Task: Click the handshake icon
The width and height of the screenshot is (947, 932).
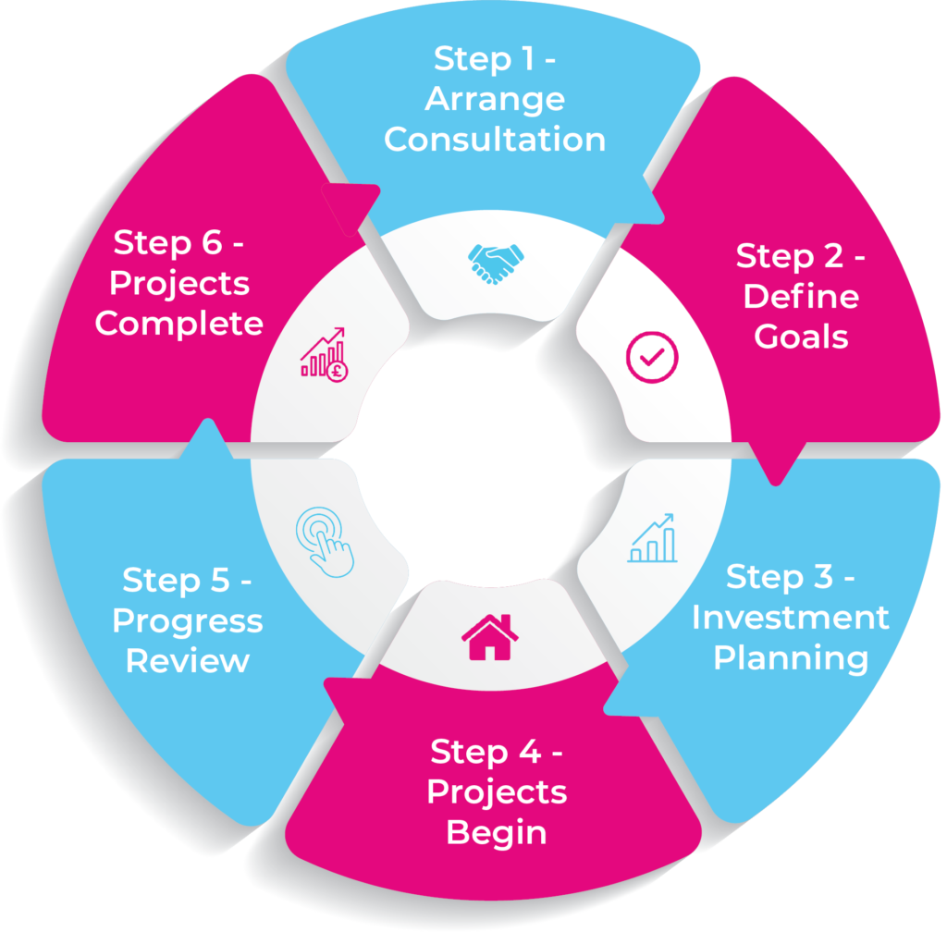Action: (493, 263)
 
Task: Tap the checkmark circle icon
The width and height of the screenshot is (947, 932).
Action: (652, 356)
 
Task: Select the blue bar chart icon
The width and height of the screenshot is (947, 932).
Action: (652, 538)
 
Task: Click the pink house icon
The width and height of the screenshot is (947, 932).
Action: (490, 637)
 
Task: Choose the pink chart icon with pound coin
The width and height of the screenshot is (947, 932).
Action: (324, 352)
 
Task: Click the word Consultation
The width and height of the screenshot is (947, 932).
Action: (495, 139)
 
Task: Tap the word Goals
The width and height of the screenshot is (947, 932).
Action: (801, 337)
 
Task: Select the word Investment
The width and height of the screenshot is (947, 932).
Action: (791, 618)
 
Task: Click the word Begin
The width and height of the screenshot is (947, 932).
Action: (497, 832)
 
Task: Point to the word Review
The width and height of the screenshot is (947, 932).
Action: (188, 661)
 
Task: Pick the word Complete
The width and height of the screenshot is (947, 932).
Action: (179, 324)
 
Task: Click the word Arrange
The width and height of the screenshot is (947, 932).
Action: (495, 100)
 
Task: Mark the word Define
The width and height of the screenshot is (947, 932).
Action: (801, 297)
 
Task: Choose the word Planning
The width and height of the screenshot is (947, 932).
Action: (791, 658)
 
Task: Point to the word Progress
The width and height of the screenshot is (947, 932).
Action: (188, 621)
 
